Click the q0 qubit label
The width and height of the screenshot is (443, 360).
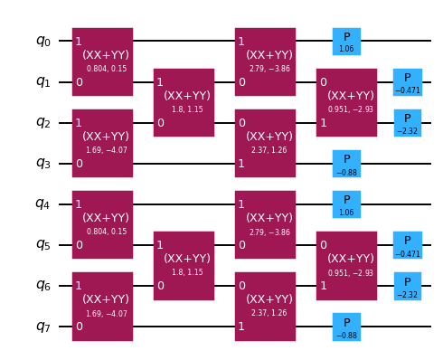tap(43, 41)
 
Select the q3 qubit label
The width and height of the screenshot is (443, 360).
tap(43, 163)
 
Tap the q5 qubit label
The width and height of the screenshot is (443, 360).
tap(43, 244)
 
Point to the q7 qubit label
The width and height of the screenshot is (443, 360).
tap(43, 326)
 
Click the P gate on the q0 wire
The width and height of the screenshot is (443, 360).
tap(346, 41)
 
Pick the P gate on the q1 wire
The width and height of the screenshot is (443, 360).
tap(407, 81)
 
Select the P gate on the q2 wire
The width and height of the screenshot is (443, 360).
tap(407, 122)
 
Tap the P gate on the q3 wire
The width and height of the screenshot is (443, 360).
tap(346, 163)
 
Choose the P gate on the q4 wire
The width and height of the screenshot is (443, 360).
tap(346, 204)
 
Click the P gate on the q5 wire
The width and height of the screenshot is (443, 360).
tap(407, 244)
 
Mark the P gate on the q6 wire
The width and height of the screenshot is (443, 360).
tap(407, 285)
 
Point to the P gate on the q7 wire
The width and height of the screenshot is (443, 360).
tap(346, 326)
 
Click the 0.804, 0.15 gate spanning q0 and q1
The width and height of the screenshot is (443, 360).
tap(102, 62)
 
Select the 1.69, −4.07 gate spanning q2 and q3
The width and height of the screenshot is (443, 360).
tap(102, 143)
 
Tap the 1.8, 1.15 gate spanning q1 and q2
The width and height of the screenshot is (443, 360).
tap(184, 102)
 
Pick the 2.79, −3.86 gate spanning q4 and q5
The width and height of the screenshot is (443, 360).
tap(265, 224)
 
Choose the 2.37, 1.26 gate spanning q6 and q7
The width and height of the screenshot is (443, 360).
tap(265, 306)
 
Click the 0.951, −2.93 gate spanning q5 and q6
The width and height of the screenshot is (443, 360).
tap(346, 265)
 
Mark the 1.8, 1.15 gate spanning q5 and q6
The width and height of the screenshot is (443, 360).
tap(184, 265)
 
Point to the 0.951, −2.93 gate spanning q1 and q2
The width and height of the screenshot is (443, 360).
tap(346, 102)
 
